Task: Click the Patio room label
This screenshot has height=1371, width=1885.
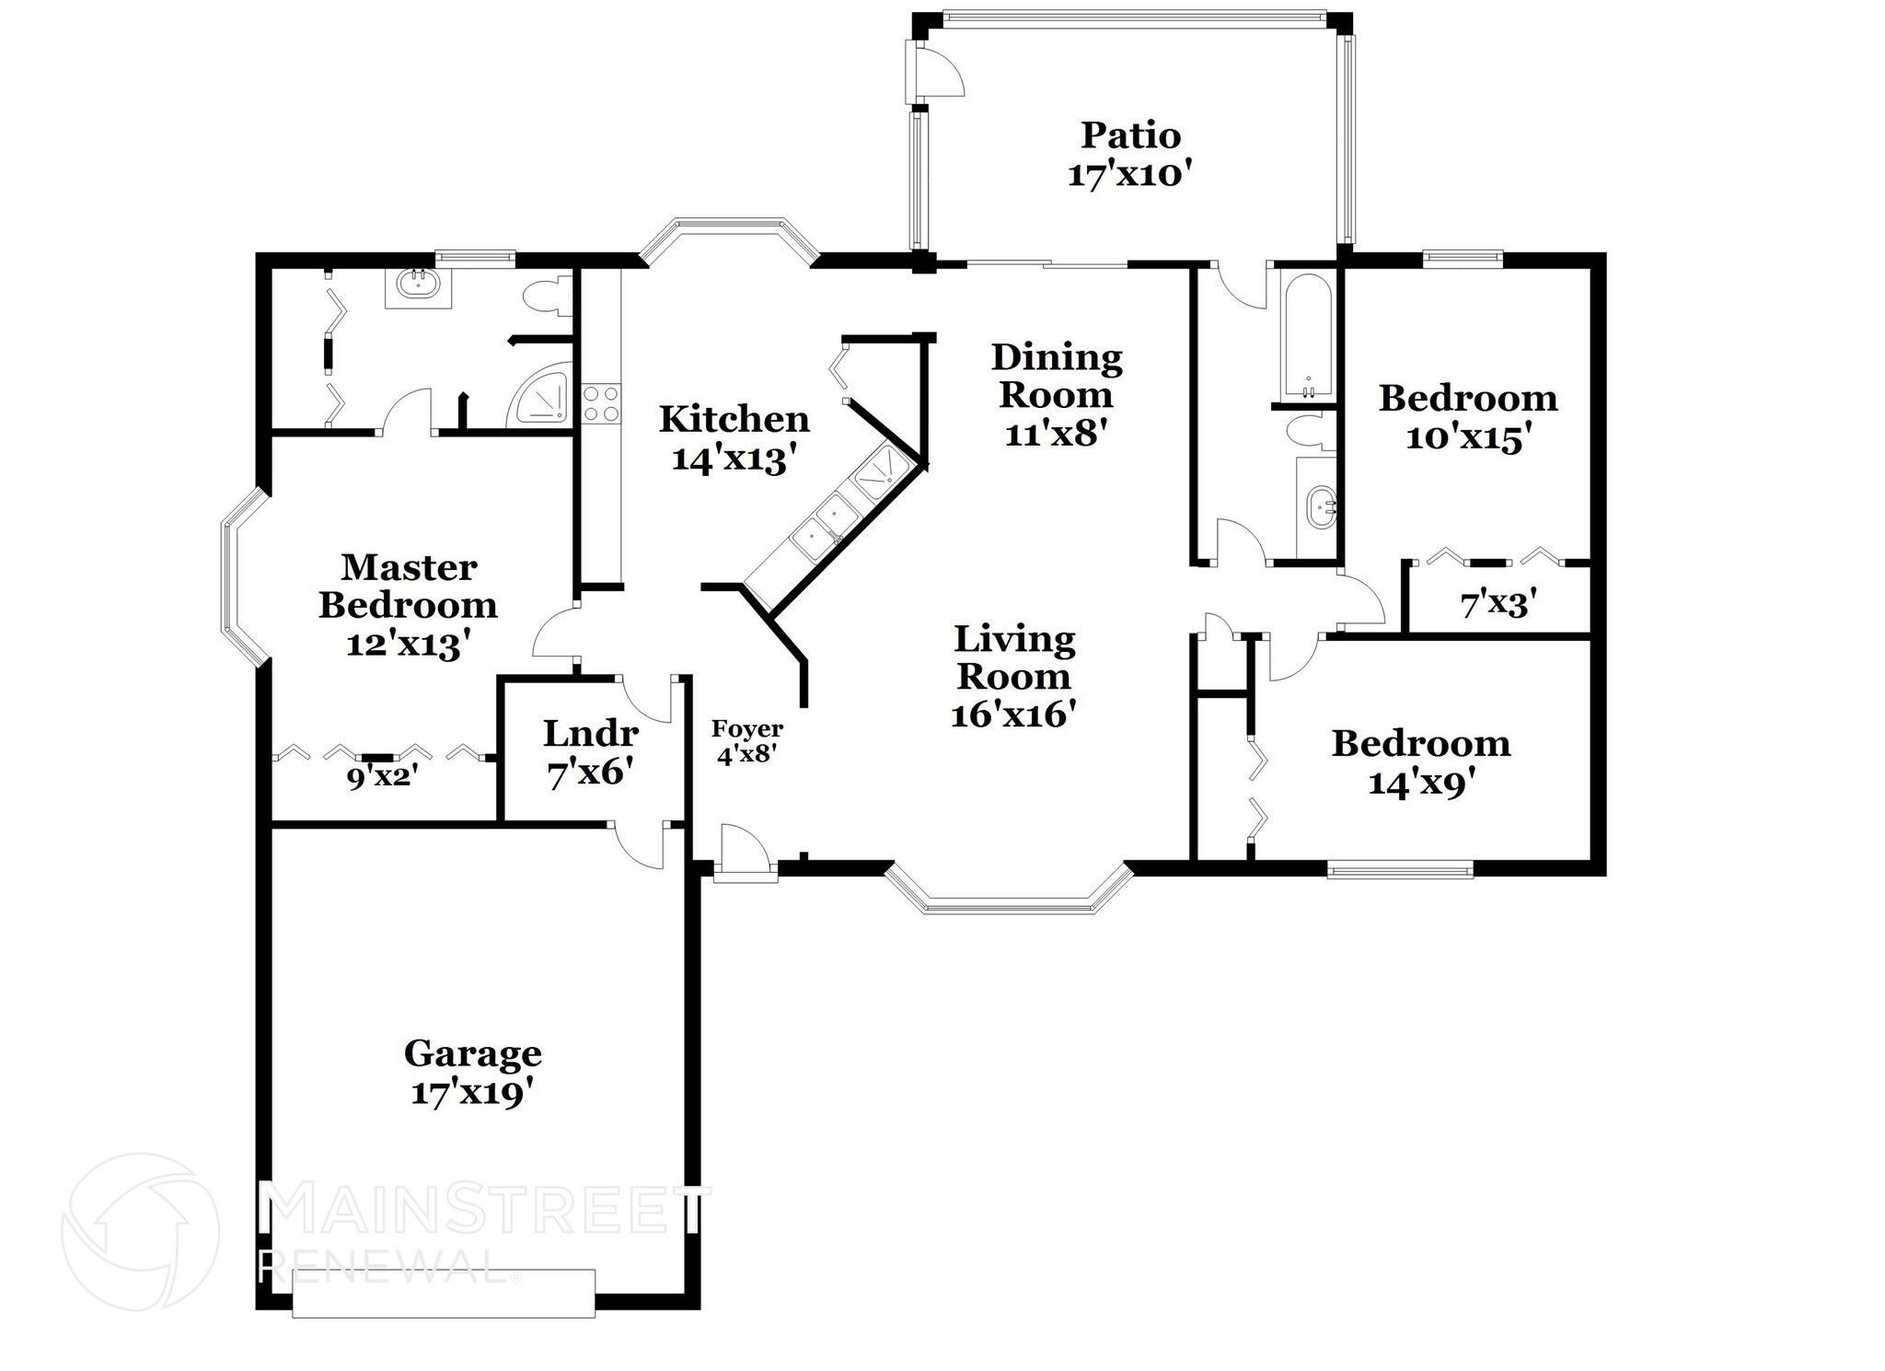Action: [1130, 135]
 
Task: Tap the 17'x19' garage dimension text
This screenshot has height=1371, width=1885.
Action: [472, 1094]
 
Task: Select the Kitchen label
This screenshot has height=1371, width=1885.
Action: [734, 419]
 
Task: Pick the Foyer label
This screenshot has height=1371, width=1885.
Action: [746, 729]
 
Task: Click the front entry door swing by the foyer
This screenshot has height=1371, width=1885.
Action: [744, 849]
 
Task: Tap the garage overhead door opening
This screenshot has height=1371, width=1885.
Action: [443, 1295]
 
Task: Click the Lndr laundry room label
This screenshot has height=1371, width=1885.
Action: [590, 734]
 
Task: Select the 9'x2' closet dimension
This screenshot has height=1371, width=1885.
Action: [382, 778]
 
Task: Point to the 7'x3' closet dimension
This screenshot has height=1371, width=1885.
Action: [1498, 605]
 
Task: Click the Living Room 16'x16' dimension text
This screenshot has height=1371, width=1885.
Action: [1012, 715]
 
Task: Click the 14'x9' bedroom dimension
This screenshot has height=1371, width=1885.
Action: [1422, 784]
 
